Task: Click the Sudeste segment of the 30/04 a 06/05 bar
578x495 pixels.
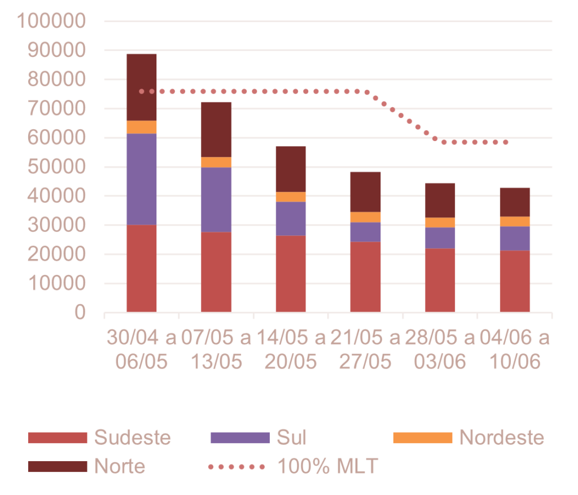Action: coord(142,268)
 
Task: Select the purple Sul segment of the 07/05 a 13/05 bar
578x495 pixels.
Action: coord(216,200)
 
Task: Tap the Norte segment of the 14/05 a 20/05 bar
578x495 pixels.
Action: coord(291,169)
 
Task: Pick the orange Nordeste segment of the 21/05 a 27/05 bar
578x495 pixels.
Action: coord(366,217)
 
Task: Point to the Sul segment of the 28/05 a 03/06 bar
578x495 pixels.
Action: coord(440,238)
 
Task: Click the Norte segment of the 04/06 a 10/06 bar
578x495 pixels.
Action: coord(515,202)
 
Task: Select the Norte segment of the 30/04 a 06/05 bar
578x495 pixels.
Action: coord(142,87)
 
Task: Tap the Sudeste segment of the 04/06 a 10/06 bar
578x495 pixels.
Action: coord(515,281)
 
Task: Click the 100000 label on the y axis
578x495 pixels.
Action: coord(51,21)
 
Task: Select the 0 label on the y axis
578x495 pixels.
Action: coord(80,313)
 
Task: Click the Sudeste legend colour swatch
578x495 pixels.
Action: coord(58,437)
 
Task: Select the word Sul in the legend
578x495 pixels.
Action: coord(291,437)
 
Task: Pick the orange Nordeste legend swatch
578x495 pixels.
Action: coord(422,437)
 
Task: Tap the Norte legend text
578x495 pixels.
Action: coord(120,467)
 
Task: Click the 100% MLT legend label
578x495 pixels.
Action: coord(327,467)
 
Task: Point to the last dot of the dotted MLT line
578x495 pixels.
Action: coord(505,142)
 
